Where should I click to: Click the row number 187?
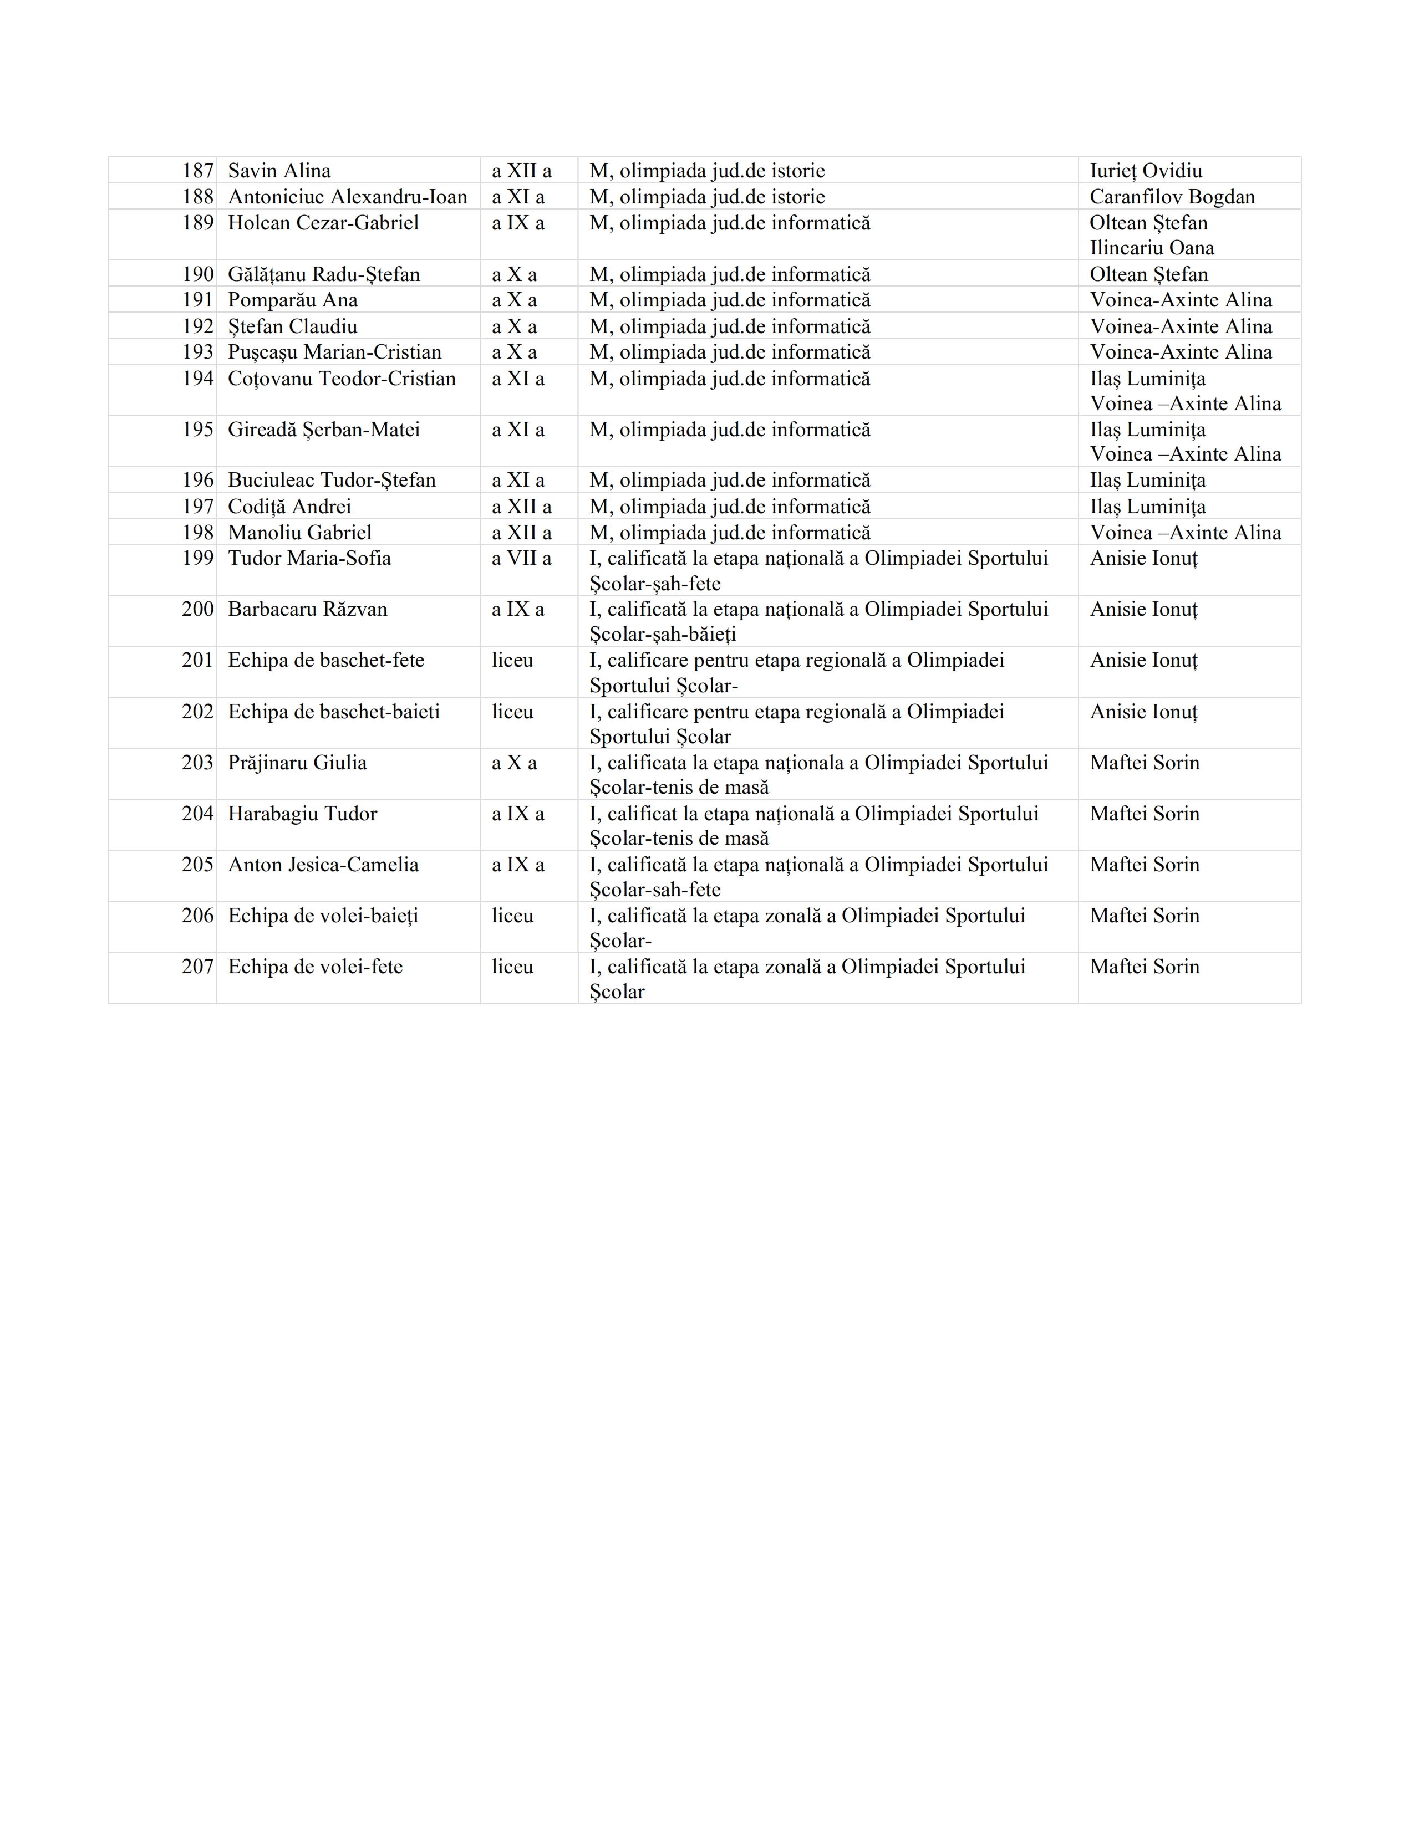tap(198, 171)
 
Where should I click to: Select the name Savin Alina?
tap(279, 171)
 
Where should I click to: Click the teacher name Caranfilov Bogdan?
tap(1172, 197)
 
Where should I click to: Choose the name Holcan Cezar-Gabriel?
tap(323, 223)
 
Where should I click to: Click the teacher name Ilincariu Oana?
tap(1151, 248)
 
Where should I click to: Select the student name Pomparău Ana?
tap(292, 300)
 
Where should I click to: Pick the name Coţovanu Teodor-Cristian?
tap(342, 379)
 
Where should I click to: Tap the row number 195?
tap(198, 430)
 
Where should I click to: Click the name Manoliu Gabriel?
tap(299, 533)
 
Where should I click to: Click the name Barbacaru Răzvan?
tap(307, 609)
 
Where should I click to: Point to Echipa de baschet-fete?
tap(326, 660)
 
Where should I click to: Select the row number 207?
tap(198, 967)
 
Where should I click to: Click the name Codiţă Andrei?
tap(289, 507)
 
